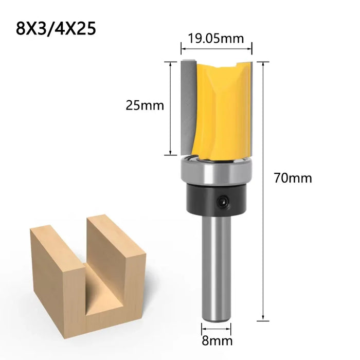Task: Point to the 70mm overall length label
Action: (293, 178)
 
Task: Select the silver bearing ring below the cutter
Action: (216, 171)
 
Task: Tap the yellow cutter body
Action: (221, 108)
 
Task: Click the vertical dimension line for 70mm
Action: (264, 190)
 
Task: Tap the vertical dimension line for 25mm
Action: (170, 108)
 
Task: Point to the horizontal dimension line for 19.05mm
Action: (216, 50)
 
